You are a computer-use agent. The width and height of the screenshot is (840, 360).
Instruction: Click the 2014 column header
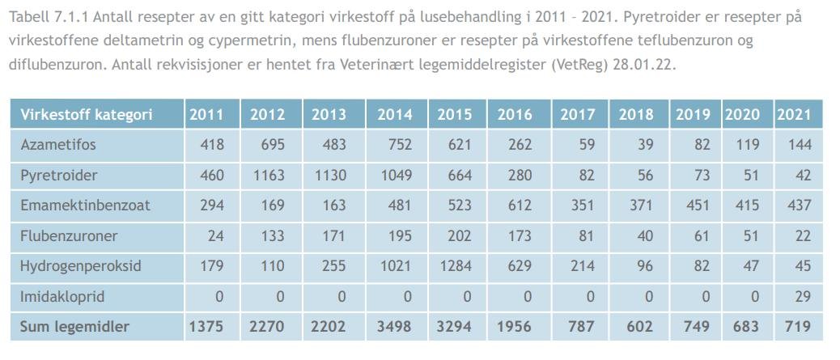[394, 115]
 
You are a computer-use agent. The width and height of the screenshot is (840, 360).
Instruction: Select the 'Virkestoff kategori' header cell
[87, 115]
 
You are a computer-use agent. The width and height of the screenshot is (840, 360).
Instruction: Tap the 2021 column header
[794, 115]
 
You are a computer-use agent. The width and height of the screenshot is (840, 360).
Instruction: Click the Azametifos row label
[57, 145]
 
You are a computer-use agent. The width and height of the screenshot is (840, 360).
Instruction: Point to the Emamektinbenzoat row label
[85, 205]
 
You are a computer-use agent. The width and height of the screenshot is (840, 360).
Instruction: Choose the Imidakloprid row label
[62, 297]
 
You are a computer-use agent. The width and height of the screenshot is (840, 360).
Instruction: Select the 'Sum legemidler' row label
[74, 327]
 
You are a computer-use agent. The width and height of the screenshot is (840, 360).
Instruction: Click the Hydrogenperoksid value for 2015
[455, 266]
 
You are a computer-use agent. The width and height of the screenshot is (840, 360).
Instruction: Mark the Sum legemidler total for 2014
[394, 327]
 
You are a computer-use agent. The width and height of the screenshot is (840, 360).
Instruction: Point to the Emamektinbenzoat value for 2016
[515, 205]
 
